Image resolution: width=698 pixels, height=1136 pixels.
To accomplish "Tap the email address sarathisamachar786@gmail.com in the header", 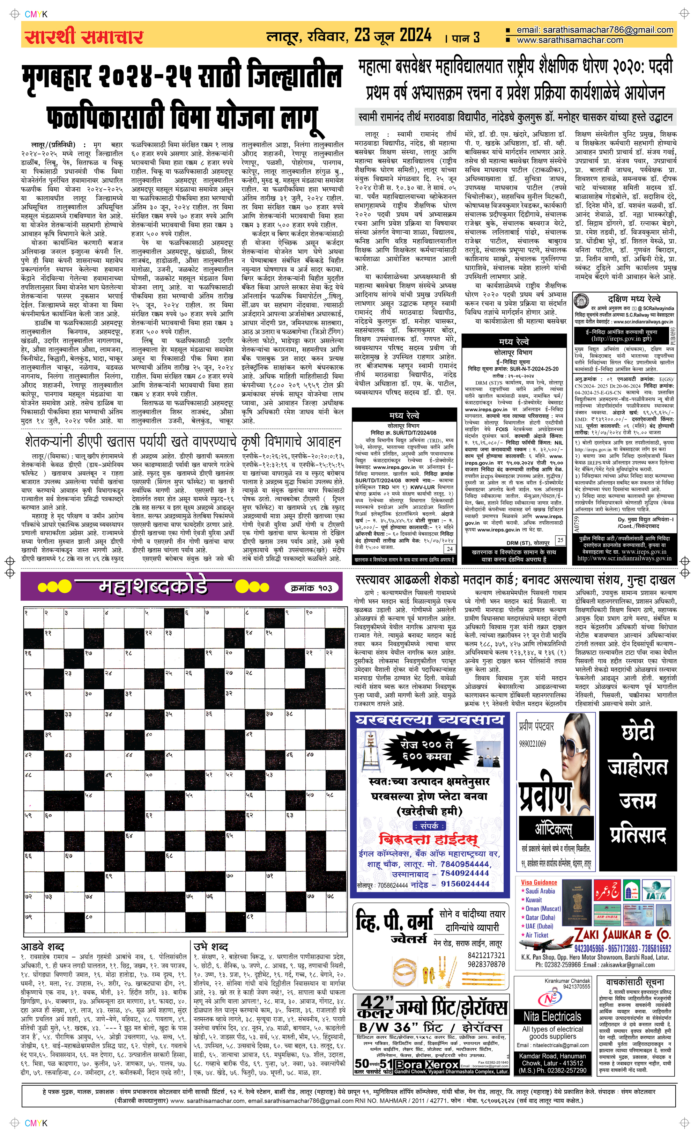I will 595,30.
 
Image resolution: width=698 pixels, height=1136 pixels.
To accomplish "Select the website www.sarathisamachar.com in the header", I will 570,40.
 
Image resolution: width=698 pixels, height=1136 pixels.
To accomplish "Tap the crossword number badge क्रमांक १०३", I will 315,588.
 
